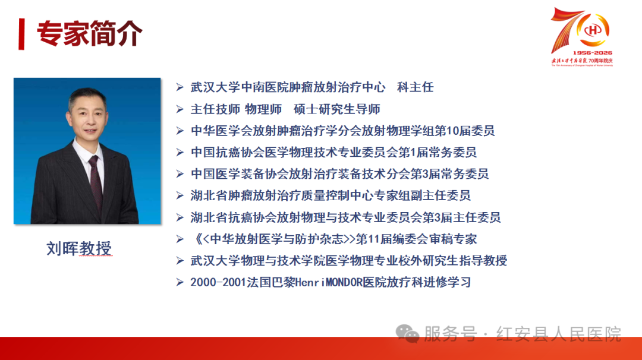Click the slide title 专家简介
[x=90, y=33]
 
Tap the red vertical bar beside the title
[x=22, y=34]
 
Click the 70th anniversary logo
[x=582, y=36]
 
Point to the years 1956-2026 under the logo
[x=593, y=53]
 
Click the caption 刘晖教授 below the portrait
[x=79, y=248]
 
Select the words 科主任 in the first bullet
[x=415, y=87]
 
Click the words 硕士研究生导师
[x=337, y=109]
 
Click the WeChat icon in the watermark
[x=407, y=333]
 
